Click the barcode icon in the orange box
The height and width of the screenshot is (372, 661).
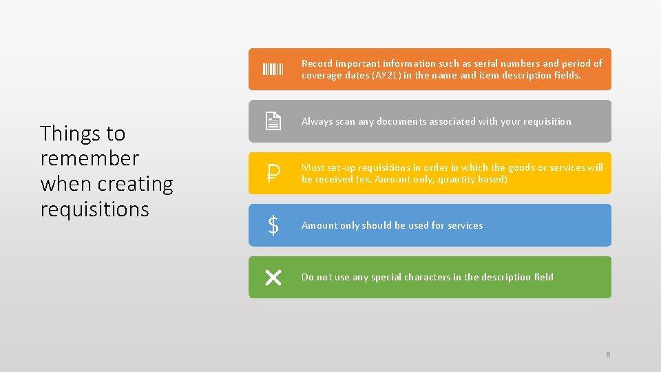tap(273, 69)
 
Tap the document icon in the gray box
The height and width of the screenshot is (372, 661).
tap(273, 121)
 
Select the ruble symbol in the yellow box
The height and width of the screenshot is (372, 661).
tap(273, 174)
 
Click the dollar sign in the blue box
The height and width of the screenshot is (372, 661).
tap(273, 225)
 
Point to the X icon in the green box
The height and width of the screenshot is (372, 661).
tap(273, 278)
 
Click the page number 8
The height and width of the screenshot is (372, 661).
tap(608, 355)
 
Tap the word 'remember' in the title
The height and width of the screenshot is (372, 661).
tap(90, 158)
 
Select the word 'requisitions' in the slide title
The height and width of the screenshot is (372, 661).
tap(94, 209)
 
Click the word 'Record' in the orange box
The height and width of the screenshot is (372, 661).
tap(317, 63)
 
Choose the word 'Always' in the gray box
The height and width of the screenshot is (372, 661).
tap(317, 121)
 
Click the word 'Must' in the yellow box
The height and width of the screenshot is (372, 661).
tap(313, 167)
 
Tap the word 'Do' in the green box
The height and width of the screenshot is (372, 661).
tap(308, 277)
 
